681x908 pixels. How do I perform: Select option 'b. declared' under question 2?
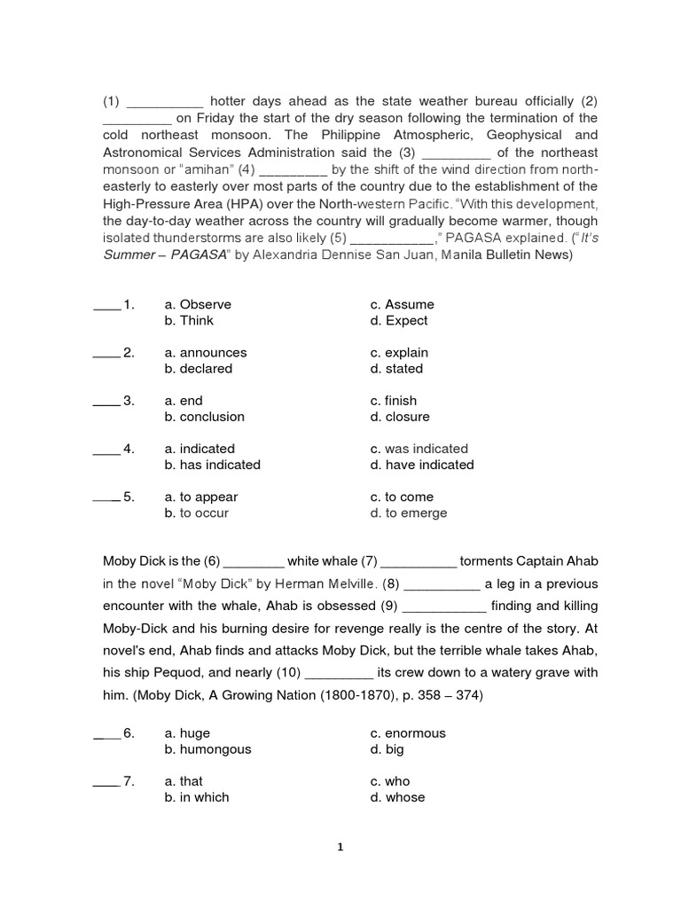point(198,369)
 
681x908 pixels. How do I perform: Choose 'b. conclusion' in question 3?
point(204,417)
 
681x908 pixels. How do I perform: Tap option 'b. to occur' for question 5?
point(196,513)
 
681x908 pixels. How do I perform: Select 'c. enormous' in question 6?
point(408,733)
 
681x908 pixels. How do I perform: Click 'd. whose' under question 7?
point(397,797)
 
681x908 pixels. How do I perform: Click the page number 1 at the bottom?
point(340,847)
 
